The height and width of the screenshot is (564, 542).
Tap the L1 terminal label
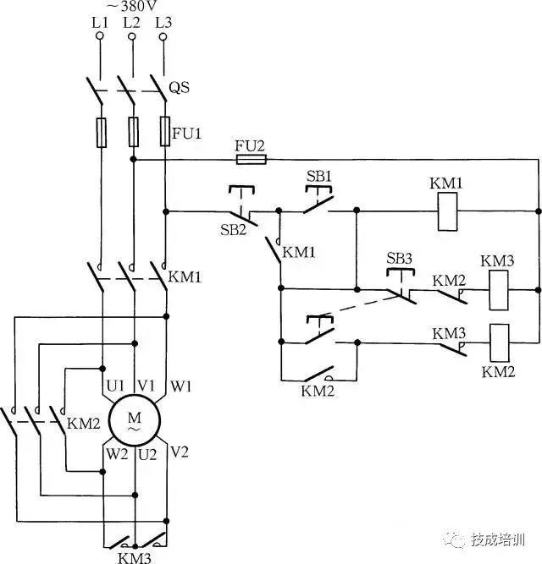[x=100, y=22]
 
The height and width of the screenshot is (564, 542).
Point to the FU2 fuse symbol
[x=250, y=158]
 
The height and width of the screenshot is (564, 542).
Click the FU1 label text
[x=185, y=134]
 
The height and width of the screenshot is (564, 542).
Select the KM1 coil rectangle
[x=447, y=216]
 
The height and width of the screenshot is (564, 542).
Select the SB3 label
[x=398, y=258]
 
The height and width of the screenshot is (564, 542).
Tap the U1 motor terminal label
[x=115, y=386]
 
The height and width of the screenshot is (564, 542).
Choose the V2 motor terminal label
[x=180, y=454]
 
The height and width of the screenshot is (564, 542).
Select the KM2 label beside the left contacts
[x=81, y=422]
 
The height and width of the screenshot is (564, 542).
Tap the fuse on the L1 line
[x=101, y=133]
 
